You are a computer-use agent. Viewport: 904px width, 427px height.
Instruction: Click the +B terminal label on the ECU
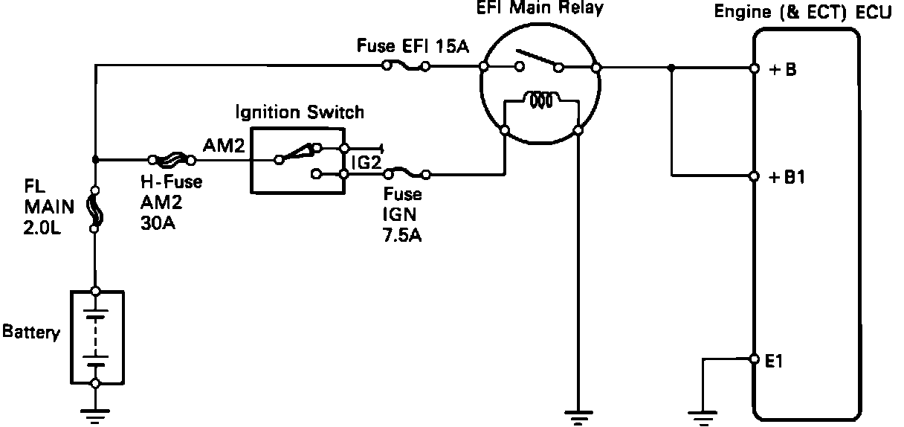coord(781,70)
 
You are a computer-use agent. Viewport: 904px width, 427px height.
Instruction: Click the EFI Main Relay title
coord(540,9)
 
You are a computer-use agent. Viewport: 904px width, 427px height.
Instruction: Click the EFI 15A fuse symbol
coord(405,66)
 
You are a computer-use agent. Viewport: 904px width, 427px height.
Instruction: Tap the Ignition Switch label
coord(300,112)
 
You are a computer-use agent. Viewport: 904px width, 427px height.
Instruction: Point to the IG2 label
coord(365,161)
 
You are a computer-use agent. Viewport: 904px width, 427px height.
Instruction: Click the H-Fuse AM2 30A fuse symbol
coord(172,158)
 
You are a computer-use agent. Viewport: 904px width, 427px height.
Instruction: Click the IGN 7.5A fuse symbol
coord(406,176)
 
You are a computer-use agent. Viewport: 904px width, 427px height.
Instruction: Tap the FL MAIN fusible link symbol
coord(95,211)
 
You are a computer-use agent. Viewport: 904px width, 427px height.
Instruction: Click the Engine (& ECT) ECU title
coord(802,13)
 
